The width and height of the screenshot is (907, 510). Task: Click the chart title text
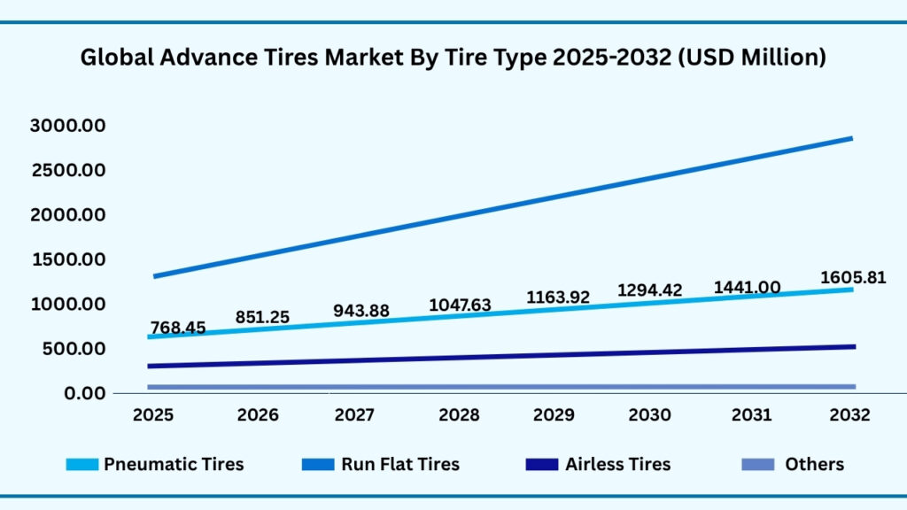pyautogui.click(x=453, y=58)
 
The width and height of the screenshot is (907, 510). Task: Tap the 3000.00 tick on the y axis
pyautogui.click(x=68, y=126)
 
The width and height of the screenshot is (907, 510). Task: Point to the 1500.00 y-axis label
pyautogui.click(x=68, y=259)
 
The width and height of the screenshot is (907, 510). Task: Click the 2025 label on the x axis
pyautogui.click(x=153, y=415)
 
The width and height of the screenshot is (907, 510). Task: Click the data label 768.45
pyautogui.click(x=177, y=328)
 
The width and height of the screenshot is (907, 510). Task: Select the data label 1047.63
pyautogui.click(x=460, y=305)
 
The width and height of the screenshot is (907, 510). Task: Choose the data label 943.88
pyautogui.click(x=361, y=311)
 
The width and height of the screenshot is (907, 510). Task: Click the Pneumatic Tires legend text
pyautogui.click(x=174, y=464)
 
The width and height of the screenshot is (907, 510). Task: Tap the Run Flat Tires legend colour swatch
pyautogui.click(x=315, y=464)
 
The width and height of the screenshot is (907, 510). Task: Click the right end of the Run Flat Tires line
pyautogui.click(x=851, y=138)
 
